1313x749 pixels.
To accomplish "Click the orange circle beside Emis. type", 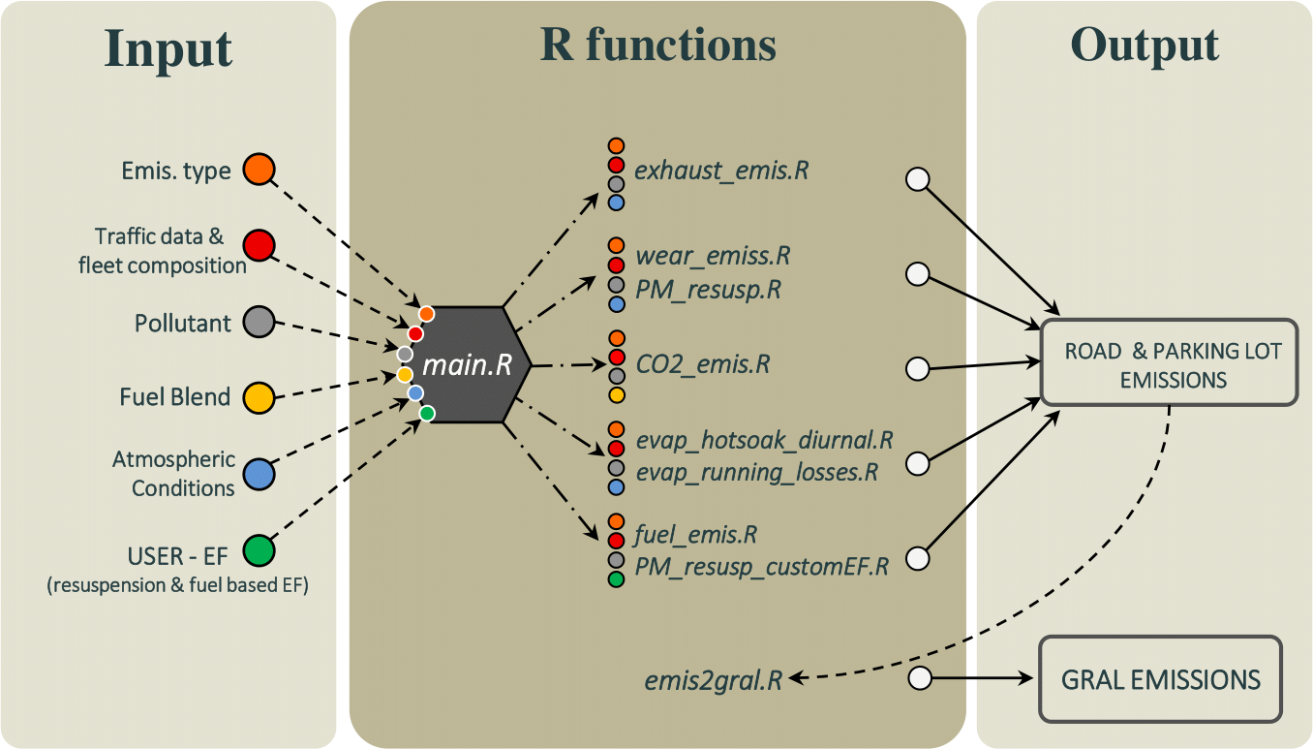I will [259, 170].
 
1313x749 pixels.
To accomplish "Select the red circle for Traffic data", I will [259, 245].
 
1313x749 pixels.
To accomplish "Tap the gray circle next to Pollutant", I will [259, 322].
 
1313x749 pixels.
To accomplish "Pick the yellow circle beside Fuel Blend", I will [259, 396].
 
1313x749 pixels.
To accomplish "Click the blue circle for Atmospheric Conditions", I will [259, 474].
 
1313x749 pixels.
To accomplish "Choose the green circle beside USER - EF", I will [259, 550].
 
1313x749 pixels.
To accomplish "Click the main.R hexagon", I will [468, 365].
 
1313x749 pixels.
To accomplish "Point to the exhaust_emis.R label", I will [721, 172].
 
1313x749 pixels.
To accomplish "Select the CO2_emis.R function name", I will [703, 365].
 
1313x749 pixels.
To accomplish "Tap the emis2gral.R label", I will [714, 680].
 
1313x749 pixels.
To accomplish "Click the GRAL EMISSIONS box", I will [1160, 679].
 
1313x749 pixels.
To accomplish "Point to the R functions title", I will [657, 45].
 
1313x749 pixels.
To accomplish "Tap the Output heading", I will [1145, 45].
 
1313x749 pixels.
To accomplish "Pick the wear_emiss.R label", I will [713, 257].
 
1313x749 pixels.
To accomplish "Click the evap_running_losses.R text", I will [756, 473].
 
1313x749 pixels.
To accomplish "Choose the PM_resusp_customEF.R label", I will [761, 567].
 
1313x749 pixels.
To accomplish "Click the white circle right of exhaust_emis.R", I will [917, 179].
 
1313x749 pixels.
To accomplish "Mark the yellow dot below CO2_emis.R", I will [616, 394].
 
